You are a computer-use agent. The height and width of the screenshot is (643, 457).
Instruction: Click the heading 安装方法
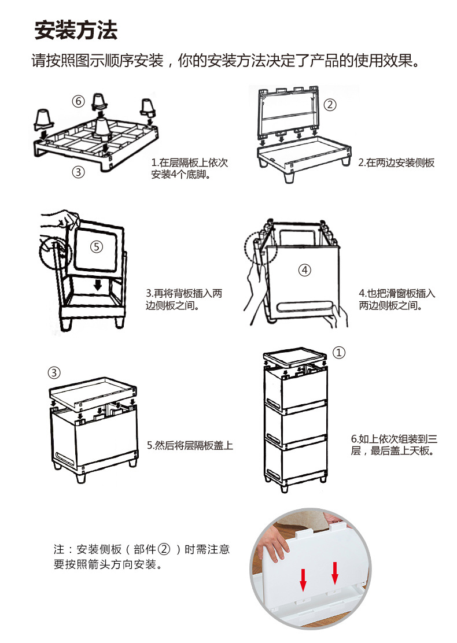[76, 30]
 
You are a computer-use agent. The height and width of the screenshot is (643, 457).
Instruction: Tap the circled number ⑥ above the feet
[79, 102]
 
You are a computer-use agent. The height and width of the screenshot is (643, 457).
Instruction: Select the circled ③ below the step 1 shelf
[79, 172]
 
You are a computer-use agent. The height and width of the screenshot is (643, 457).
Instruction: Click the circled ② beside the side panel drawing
[329, 105]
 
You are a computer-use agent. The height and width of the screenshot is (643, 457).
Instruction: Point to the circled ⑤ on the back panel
[97, 246]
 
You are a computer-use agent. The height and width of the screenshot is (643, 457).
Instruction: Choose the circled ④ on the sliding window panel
[304, 269]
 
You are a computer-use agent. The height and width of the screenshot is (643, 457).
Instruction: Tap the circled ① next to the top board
[340, 352]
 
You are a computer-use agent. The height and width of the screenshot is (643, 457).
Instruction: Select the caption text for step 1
[189, 168]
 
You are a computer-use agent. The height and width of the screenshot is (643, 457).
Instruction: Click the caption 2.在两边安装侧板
[396, 163]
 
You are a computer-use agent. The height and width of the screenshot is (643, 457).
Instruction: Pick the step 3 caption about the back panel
[183, 299]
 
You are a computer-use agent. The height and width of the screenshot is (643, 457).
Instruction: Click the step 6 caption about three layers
[393, 444]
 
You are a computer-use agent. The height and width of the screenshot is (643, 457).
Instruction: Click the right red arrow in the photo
[334, 572]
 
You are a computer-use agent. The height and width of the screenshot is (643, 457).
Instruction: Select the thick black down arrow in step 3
[98, 285]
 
